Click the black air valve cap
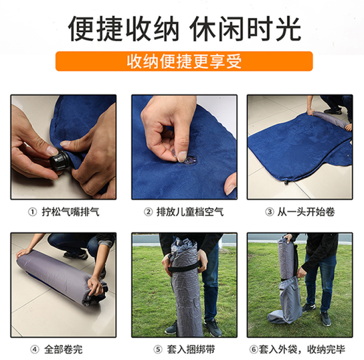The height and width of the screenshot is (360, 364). click(60, 160)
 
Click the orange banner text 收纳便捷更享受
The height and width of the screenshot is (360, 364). click(184, 61)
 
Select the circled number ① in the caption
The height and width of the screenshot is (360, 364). click(32, 212)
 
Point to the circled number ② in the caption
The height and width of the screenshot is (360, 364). click(148, 212)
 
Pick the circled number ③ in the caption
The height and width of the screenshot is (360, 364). click(269, 212)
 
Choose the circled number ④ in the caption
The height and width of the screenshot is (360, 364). click(35, 350)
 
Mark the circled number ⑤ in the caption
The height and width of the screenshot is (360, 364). click(157, 350)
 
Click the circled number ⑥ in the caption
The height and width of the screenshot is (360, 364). click(254, 349)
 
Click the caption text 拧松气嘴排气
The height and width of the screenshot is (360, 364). click(71, 212)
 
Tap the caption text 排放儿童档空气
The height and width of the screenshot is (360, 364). click(190, 212)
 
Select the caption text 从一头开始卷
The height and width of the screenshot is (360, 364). click(306, 212)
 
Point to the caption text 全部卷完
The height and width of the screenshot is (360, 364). click(63, 350)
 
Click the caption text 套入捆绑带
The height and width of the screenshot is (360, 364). click(191, 350)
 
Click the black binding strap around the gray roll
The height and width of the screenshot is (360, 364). click(185, 266)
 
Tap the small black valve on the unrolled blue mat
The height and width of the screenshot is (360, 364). click(287, 182)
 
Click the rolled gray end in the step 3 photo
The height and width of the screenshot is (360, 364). click(329, 119)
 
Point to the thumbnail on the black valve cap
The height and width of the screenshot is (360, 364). click(53, 150)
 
